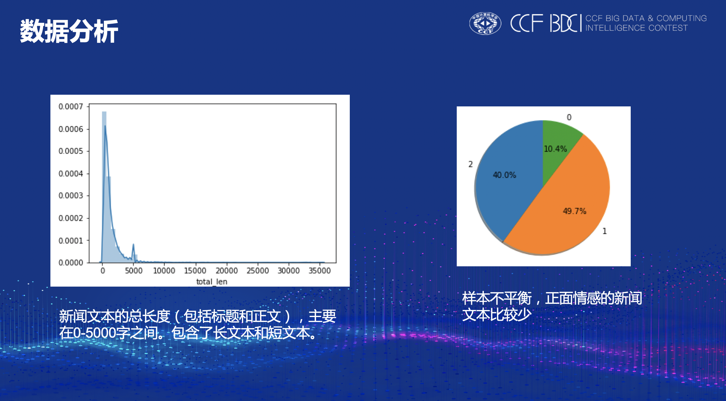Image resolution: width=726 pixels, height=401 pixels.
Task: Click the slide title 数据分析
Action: pos(69,31)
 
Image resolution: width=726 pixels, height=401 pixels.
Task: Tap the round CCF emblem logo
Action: pos(485,23)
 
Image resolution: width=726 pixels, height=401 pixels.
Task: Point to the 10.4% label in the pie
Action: pos(555,149)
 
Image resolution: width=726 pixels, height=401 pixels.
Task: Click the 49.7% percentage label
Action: pos(574,211)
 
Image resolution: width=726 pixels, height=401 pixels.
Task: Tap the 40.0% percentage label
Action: pos(504,175)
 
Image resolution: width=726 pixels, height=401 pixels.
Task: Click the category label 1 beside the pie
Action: pos(605,231)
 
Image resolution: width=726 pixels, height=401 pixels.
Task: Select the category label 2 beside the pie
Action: pos(470,164)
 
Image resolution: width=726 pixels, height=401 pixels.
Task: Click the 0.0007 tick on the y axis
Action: pos(71,107)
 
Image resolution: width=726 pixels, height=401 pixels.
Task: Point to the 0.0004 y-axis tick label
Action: pos(71,174)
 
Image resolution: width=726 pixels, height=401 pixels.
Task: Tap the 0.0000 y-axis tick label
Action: pos(71,263)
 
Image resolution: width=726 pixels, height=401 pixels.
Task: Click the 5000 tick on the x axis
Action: pos(134,271)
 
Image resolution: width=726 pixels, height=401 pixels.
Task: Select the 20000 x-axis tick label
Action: pos(227,271)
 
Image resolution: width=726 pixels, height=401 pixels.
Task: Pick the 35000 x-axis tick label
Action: pos(320,271)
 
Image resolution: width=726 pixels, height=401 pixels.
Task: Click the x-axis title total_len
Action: pos(212,281)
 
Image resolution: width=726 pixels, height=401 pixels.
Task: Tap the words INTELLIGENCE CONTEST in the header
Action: pos(636,28)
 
